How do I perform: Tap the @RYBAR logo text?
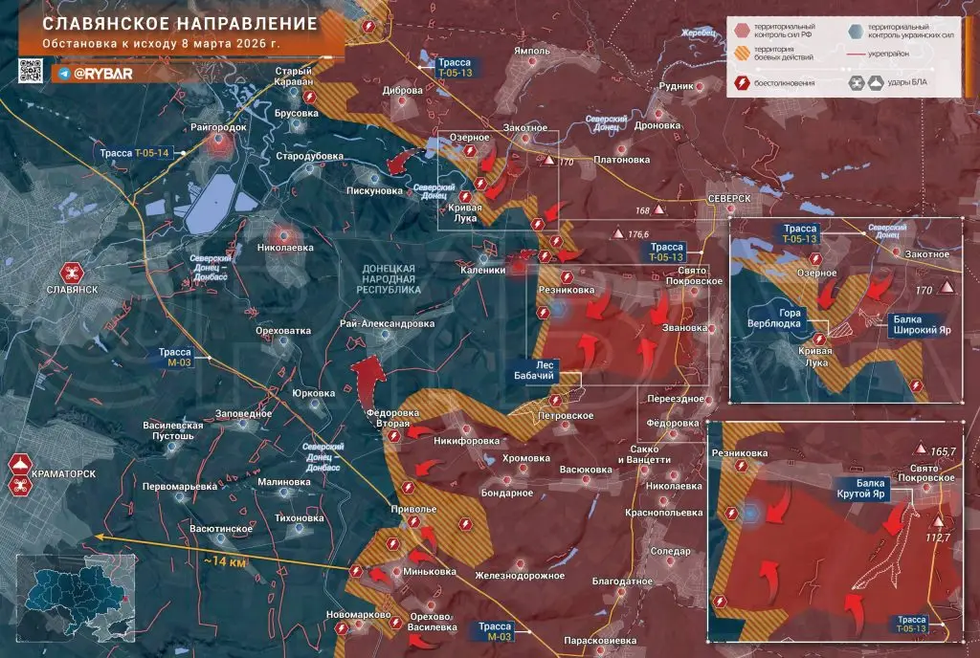102,73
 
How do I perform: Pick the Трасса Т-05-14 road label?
133,153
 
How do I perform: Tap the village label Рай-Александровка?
387,323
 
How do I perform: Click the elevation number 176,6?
639,233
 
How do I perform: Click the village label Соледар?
669,551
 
